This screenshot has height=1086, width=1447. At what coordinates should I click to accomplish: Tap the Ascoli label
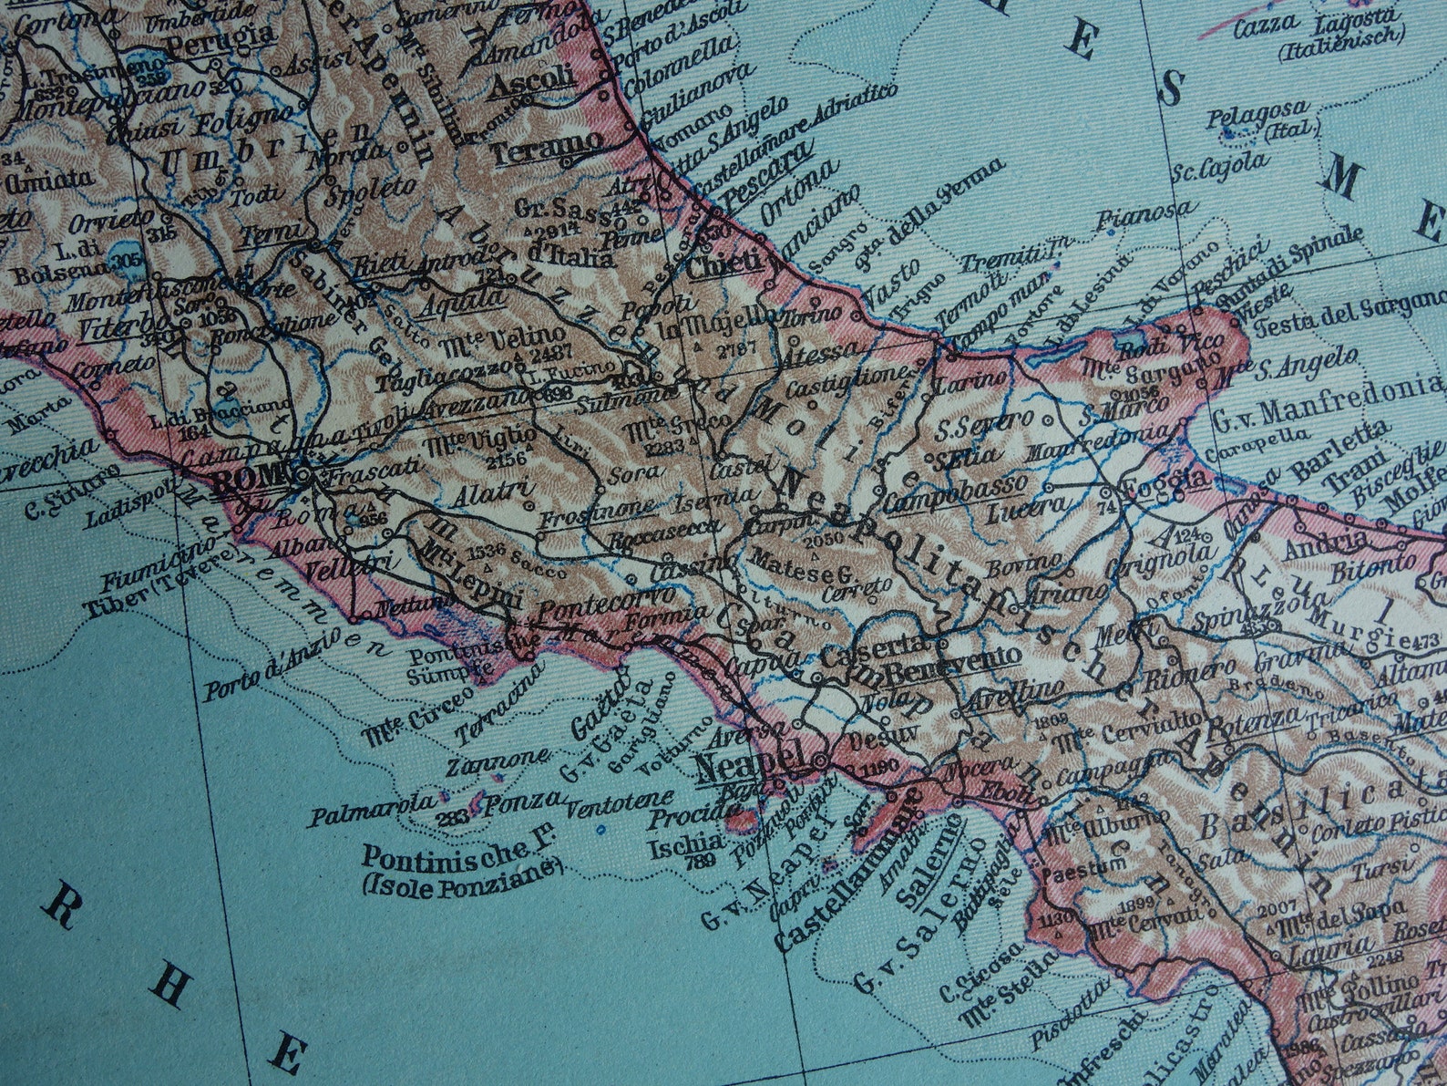click(533, 77)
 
